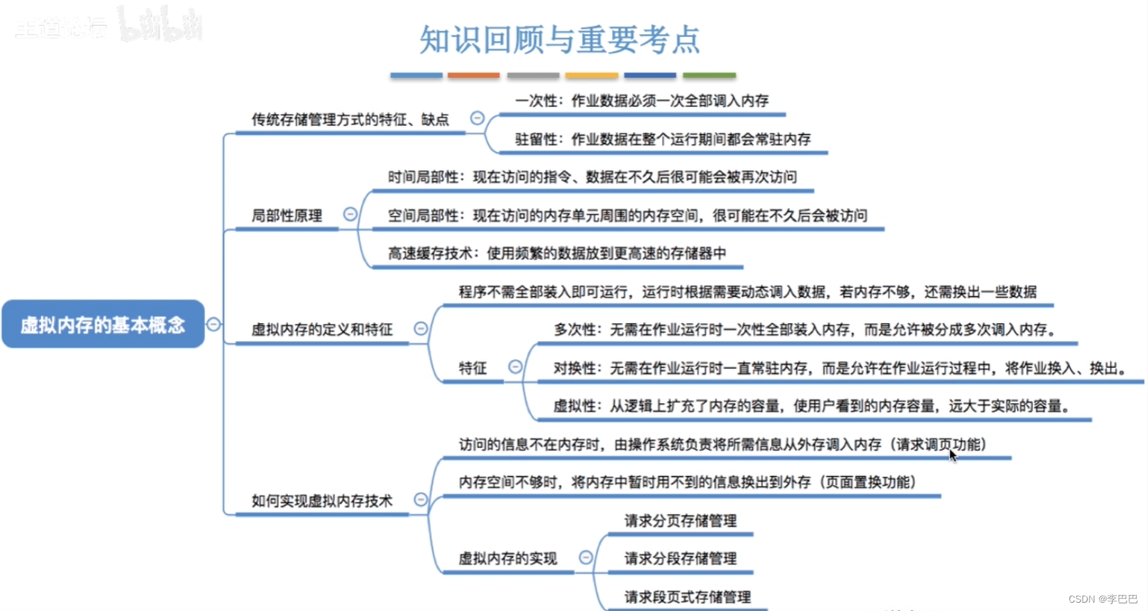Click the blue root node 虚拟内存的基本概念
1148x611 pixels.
[x=103, y=324]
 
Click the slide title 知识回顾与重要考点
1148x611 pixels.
[x=559, y=40]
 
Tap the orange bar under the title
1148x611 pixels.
[x=474, y=75]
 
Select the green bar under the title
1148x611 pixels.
[x=709, y=75]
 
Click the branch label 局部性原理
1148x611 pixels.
[x=286, y=216]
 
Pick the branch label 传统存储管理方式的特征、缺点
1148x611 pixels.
[x=350, y=120]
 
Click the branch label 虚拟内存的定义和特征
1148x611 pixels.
[x=322, y=329]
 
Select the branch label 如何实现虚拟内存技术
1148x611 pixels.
[x=322, y=500]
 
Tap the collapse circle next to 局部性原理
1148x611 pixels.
[x=350, y=215]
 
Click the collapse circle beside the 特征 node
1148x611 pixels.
[x=515, y=366]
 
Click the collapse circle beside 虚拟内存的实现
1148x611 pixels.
[x=586, y=557]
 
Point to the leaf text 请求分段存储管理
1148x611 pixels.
[x=680, y=558]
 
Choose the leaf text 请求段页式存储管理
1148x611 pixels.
[x=687, y=596]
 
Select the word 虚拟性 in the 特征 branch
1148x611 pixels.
[x=574, y=406]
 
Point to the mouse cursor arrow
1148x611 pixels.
[x=953, y=455]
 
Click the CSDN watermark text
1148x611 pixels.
[x=1103, y=599]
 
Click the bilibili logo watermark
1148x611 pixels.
[x=160, y=25]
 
